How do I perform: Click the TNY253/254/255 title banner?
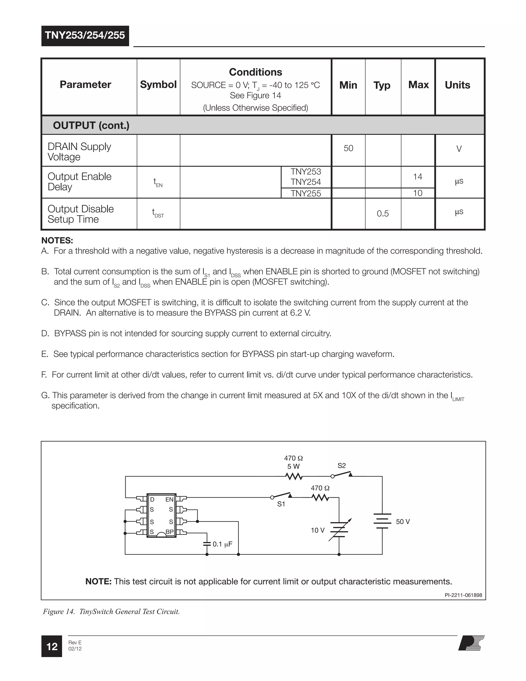[85, 35]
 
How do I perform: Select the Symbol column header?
[158, 85]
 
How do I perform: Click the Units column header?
[457, 85]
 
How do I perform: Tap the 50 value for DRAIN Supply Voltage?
[348, 149]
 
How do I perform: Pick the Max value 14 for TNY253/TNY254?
[418, 177]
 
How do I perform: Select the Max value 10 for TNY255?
[418, 193]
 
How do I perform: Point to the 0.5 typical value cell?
[383, 214]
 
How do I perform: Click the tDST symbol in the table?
[158, 214]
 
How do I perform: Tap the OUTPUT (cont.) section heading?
[91, 125]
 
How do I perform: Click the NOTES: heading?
[57, 241]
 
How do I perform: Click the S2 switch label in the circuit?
[342, 466]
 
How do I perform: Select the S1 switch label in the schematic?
[281, 504]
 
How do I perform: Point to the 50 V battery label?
[403, 522]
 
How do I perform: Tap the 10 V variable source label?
[317, 530]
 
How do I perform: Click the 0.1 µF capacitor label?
[222, 544]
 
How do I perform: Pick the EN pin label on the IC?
[169, 500]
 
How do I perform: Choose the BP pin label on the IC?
[170, 532]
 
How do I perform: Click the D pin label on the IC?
[152, 500]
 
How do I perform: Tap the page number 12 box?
[52, 646]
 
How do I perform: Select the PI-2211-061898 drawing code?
[463, 595]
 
